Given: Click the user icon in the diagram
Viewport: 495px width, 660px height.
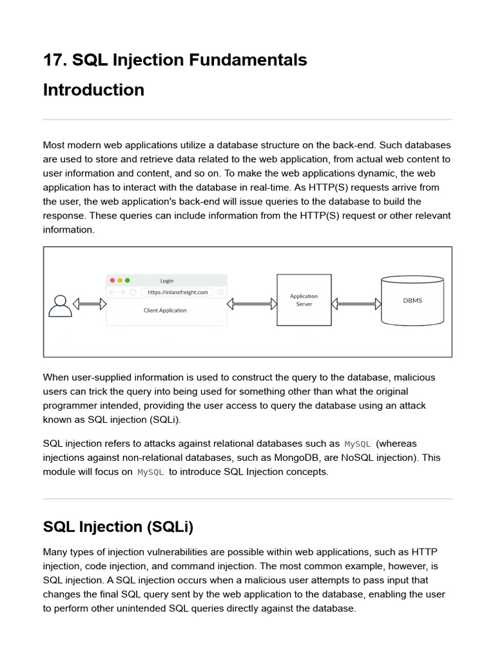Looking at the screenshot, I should (60, 305).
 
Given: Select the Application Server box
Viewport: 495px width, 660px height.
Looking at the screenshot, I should (304, 300).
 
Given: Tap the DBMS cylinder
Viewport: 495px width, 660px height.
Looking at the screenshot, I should (412, 300).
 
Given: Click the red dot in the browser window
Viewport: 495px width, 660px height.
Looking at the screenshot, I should (112, 280).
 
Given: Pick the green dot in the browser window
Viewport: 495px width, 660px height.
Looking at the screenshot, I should (128, 280).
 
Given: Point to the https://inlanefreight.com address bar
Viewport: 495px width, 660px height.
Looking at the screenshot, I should (177, 292).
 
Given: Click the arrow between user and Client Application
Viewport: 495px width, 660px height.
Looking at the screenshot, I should (89, 304).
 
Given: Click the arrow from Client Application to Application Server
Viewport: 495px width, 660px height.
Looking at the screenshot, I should (252, 303).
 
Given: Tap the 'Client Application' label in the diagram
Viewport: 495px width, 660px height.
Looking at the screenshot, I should (165, 310).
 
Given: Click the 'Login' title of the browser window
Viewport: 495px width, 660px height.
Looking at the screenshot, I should (166, 280).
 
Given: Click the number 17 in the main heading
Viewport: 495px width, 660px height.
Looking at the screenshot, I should (52, 60).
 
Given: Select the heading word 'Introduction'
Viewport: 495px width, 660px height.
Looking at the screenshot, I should (93, 90).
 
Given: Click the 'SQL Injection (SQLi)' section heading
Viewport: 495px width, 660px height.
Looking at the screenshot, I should (118, 527).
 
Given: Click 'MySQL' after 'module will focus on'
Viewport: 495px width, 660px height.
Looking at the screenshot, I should (151, 472).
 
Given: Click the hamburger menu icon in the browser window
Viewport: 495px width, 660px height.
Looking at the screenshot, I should (220, 292).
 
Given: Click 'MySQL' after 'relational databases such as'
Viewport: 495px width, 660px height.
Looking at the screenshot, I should (358, 444).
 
